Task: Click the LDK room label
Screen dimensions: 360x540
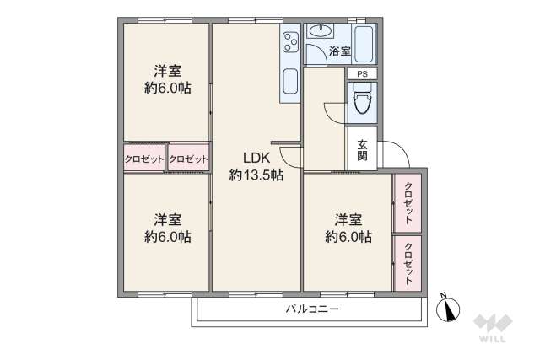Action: coord(256,158)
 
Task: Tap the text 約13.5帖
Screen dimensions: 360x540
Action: coord(256,175)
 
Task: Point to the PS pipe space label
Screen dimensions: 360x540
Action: coord(362,73)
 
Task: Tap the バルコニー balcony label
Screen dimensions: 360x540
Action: coord(311,309)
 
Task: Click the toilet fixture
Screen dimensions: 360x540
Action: coord(363,100)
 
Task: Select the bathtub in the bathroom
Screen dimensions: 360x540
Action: coord(364,44)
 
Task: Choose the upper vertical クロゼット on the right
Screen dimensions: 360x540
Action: coord(408,202)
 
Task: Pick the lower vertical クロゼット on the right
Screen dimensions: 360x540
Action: coord(408,263)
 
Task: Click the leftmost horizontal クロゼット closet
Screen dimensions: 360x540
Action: coord(144,159)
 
